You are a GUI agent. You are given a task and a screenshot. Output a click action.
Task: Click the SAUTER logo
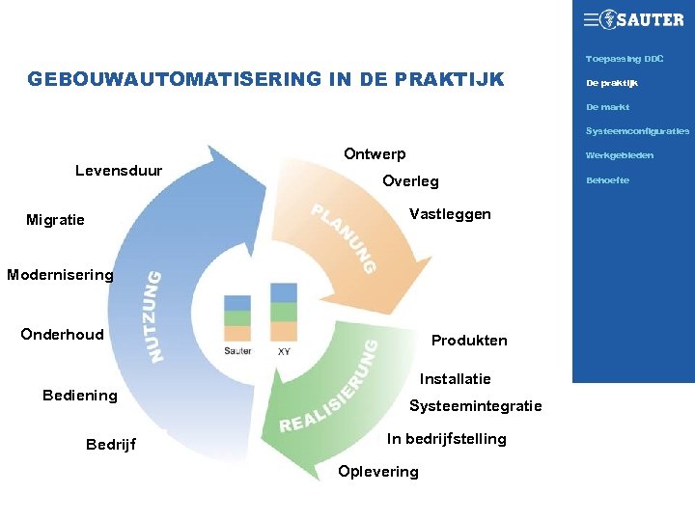633,19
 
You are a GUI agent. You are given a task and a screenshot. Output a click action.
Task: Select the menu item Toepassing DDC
625,59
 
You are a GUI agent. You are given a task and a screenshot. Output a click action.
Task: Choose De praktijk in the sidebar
612,83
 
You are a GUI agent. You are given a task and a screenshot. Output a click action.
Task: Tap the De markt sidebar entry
607,107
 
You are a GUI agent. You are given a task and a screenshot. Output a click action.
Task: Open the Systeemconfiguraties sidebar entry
637,131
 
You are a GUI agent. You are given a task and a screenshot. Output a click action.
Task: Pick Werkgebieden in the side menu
620,155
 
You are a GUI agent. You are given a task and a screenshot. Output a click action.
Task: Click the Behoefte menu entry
607,180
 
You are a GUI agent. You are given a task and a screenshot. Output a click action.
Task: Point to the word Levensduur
119,171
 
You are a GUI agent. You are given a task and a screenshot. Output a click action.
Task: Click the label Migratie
55,220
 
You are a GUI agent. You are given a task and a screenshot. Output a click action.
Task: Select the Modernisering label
60,275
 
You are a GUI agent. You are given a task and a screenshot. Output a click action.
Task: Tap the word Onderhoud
62,334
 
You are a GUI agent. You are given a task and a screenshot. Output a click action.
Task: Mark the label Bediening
80,396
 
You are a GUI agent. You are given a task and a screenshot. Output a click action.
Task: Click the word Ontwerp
375,154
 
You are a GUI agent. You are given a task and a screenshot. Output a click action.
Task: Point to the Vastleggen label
450,214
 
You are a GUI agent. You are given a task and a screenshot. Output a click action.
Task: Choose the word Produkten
469,341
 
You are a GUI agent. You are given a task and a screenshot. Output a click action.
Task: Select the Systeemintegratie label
476,406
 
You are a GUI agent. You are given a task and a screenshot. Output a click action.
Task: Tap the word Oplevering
378,472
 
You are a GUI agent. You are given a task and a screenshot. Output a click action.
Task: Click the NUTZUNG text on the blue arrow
154,316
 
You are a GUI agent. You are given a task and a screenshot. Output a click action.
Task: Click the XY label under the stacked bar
284,352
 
